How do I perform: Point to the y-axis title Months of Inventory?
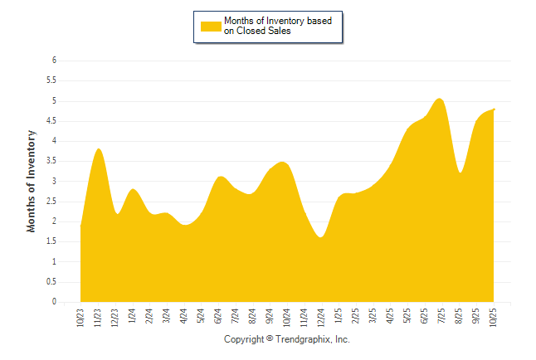pyautogui.click(x=32, y=180)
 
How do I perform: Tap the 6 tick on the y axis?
pyautogui.click(x=53, y=61)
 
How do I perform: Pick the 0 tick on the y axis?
pyautogui.click(x=53, y=302)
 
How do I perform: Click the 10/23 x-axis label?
pyautogui.click(x=80, y=317)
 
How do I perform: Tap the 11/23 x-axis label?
pyautogui.click(x=98, y=317)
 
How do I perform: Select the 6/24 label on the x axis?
pyautogui.click(x=218, y=316)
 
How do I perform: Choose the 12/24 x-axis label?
pyautogui.click(x=321, y=317)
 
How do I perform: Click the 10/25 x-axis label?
pyautogui.click(x=494, y=317)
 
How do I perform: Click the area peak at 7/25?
pyautogui.click(x=440, y=99)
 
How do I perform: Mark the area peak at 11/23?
pyautogui.click(x=99, y=149)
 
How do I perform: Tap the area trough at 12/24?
pyautogui.click(x=320, y=237)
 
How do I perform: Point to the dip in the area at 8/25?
pyautogui.click(x=460, y=173)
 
